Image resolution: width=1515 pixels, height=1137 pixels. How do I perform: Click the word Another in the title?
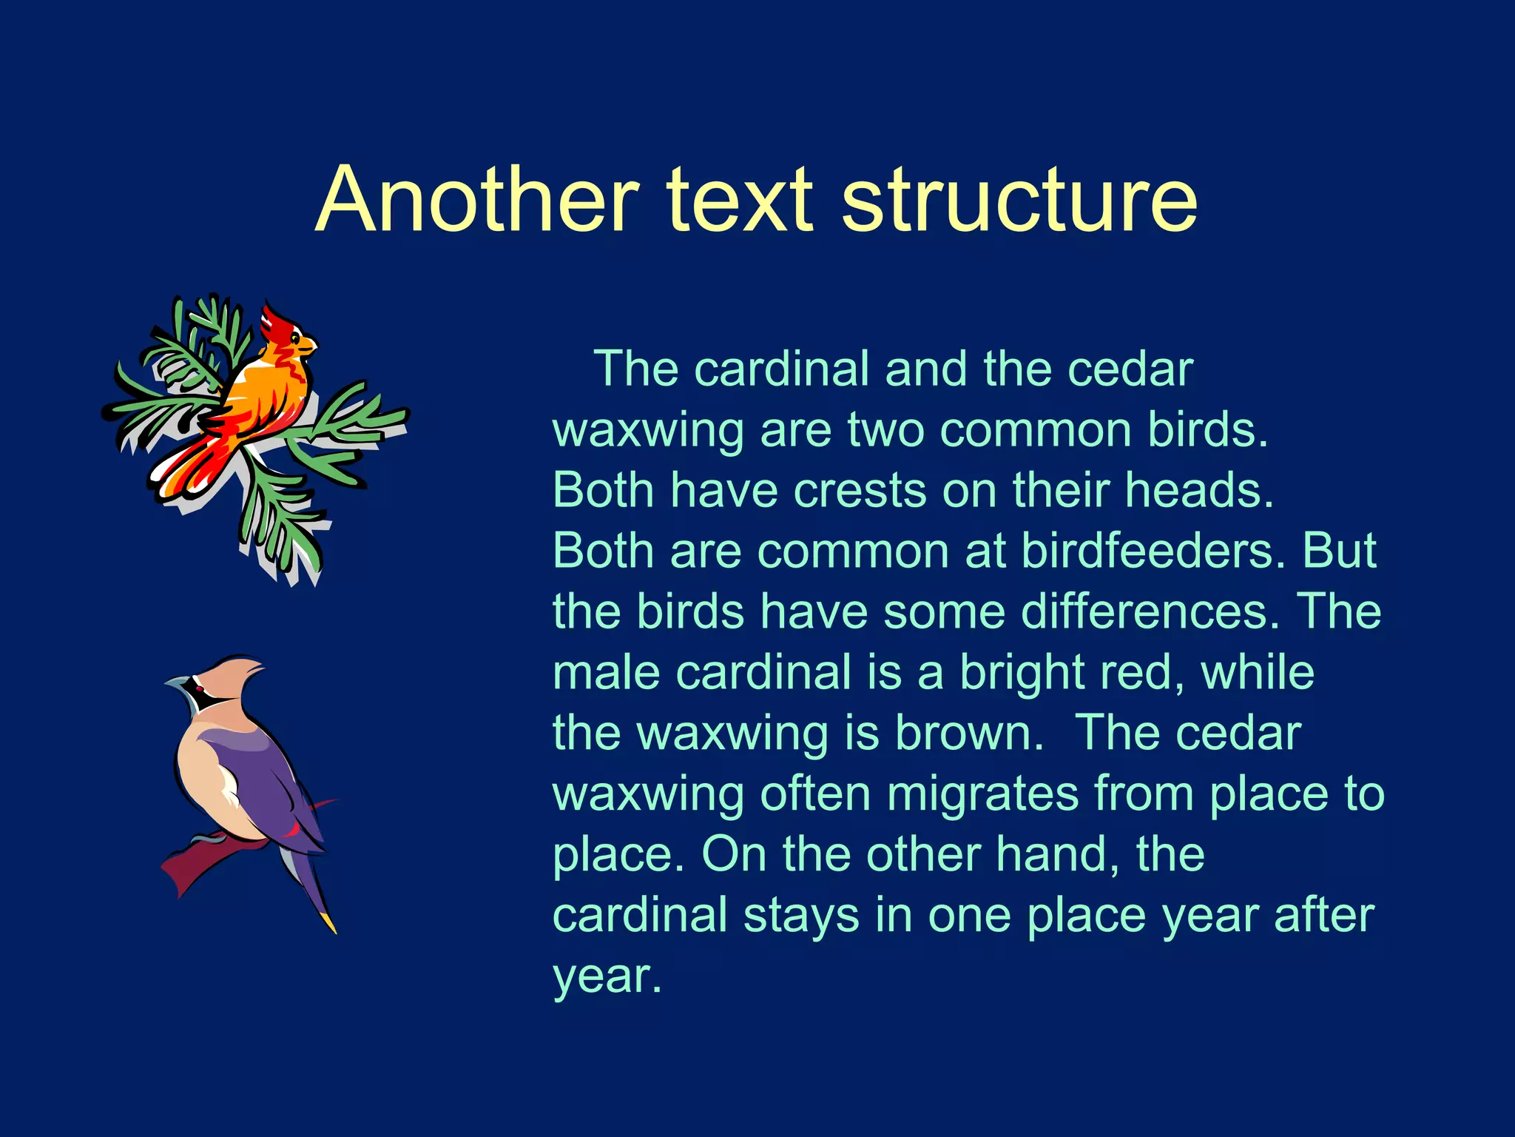(x=477, y=200)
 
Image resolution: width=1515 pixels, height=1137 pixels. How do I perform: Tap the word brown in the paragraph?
(x=968, y=734)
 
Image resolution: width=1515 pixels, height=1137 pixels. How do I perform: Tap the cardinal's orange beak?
(x=309, y=345)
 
